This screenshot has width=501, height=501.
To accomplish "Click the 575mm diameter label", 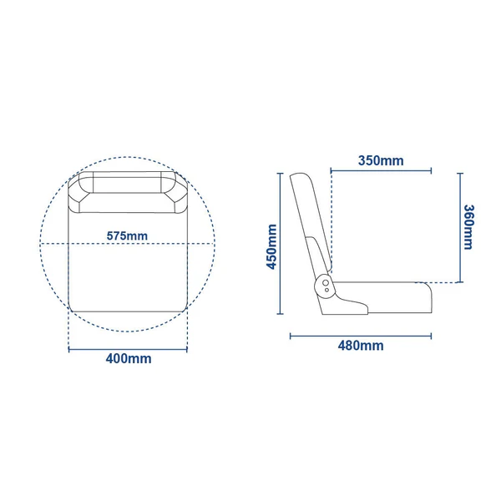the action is point(127,235).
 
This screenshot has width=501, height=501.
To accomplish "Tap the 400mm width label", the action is point(129,358).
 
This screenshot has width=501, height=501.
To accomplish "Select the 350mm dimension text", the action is point(381,160).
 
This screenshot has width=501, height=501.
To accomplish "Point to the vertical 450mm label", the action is point(271,246).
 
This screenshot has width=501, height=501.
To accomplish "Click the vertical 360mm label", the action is point(468,227).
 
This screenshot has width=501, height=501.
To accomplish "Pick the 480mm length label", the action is point(361,346).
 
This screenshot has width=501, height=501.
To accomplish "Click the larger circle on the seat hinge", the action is point(326,283).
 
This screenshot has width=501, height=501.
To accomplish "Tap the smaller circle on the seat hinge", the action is point(326,290).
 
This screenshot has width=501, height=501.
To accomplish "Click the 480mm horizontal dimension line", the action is point(361,336).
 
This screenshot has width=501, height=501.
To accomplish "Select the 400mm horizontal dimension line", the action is point(128,350).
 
